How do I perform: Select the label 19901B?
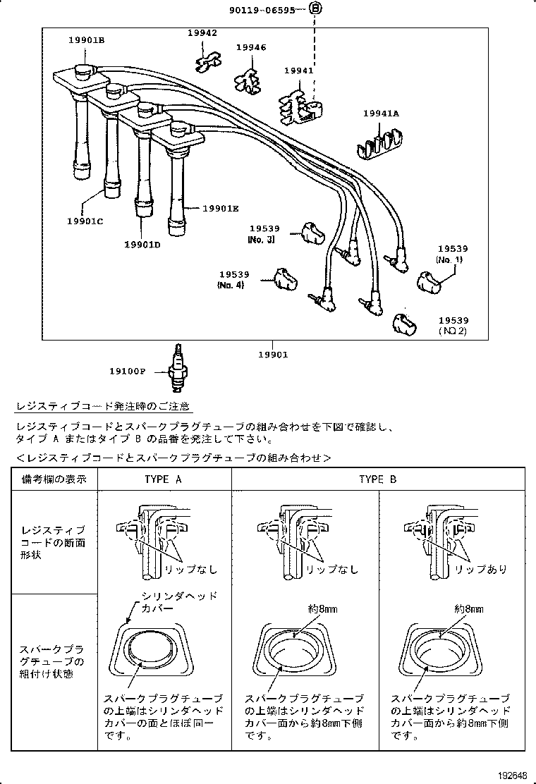click(x=86, y=41)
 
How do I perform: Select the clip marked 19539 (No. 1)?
click(x=431, y=281)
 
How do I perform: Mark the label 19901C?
click(x=85, y=221)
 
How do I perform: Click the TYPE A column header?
click(x=164, y=479)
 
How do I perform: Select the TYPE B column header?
click(x=377, y=479)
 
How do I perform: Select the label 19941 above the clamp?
click(x=298, y=71)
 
